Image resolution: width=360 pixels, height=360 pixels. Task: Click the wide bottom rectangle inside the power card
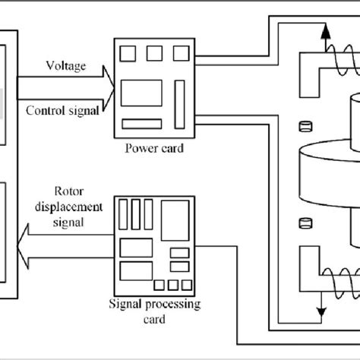(x=143, y=123)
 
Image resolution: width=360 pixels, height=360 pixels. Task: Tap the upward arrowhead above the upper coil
(x=325, y=31)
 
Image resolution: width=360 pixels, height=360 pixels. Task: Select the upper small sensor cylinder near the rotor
(x=306, y=126)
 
